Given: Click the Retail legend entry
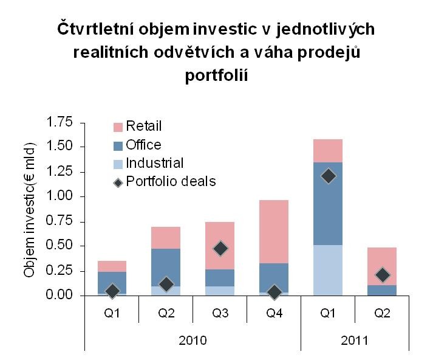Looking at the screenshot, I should click(x=143, y=126).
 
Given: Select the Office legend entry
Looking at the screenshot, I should click(x=143, y=145).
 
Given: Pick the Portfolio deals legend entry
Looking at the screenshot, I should click(x=170, y=181).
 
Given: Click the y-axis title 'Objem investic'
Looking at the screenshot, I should click(x=29, y=210).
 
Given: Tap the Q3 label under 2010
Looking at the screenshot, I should click(x=220, y=314).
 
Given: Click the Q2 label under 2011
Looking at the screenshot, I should click(x=383, y=314).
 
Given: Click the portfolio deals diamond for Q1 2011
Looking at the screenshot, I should click(x=329, y=176).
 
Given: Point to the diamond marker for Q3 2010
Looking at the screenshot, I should click(x=220, y=248).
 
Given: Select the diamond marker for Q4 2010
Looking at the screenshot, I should click(x=274, y=292).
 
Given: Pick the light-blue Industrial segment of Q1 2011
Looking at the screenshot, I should click(x=329, y=271).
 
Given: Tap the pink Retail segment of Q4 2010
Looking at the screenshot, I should click(x=274, y=231).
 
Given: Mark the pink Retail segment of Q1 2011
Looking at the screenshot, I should click(x=329, y=151).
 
